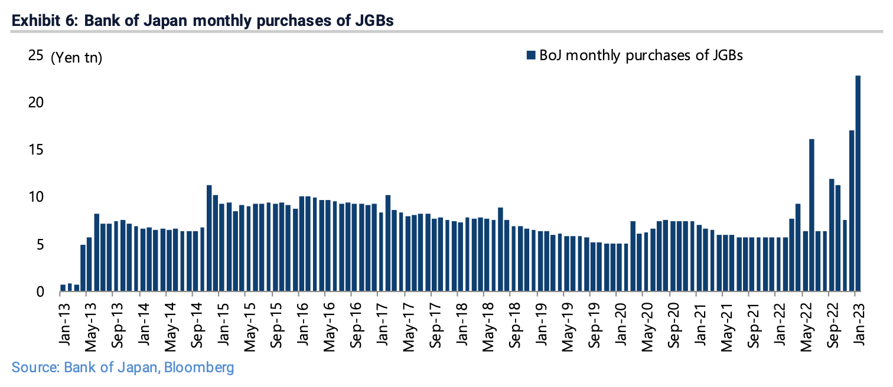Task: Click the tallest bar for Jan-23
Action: pos(858,183)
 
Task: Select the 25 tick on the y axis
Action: pos(35,56)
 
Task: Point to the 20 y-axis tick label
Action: pos(35,103)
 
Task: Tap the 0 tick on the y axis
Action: pos(40,291)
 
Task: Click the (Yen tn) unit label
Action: pos(76,58)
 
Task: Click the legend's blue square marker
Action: pos(530,55)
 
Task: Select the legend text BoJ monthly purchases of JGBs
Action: pos(640,55)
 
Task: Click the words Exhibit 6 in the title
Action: pos(44,21)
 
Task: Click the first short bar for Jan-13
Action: pos(63,288)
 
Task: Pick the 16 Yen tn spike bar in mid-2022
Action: pos(811,215)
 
